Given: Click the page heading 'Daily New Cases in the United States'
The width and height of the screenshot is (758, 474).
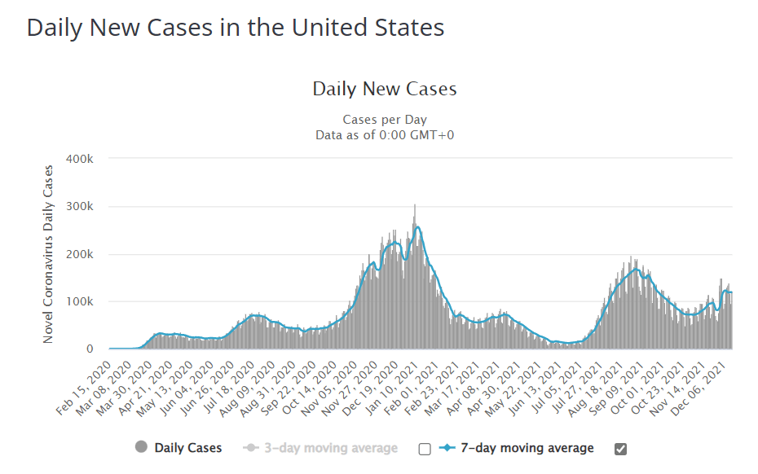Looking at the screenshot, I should pos(236,28).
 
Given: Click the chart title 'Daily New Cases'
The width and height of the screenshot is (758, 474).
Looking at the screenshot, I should pos(385,89).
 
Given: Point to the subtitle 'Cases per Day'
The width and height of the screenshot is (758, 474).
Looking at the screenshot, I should pos(385,120).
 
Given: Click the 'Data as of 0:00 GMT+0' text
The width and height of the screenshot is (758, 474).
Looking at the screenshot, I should pos(385,134).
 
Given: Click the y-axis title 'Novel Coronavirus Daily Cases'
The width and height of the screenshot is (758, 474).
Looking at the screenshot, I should pos(48,254).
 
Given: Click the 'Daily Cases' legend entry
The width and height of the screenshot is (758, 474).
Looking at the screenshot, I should pos(187,448).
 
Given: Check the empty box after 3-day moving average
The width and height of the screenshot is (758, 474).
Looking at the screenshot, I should pos(424,449).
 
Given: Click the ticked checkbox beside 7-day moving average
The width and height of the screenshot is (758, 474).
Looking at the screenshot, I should pos(620,449).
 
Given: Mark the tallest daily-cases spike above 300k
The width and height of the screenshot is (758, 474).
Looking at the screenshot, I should pos(415,207).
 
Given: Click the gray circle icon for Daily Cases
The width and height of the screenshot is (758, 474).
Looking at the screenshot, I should pos(140,447).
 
